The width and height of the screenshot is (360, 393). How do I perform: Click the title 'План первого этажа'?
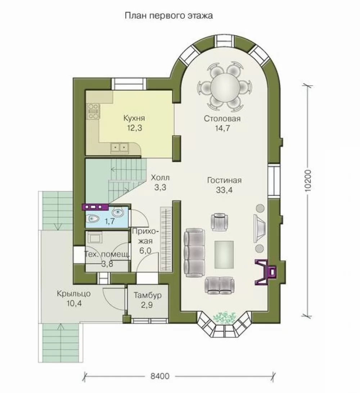coord(169,16)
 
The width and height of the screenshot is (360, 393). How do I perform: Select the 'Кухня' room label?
coord(134,118)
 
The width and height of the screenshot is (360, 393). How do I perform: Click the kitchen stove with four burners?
coord(93,111)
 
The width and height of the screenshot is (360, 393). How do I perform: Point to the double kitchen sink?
coord(120,148)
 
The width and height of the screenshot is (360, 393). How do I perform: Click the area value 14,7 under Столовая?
coord(222,128)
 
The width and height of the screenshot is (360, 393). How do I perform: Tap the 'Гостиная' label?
coord(224,180)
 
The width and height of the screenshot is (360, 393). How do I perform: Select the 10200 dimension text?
coord(308,181)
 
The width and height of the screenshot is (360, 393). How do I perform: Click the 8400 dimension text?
coord(160,376)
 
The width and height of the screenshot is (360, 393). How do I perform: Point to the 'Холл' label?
coord(160,178)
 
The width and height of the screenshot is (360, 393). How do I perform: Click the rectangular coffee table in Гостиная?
coord(224,254)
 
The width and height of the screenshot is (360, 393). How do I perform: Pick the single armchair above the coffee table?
coord(219,222)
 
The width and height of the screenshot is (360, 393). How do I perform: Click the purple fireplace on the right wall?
coord(266,272)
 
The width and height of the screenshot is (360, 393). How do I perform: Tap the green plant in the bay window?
coord(224,317)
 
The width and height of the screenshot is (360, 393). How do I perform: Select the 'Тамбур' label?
coord(147,295)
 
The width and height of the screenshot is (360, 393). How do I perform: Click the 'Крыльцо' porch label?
coord(74,294)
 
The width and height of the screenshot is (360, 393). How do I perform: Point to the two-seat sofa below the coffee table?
coord(220,285)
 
